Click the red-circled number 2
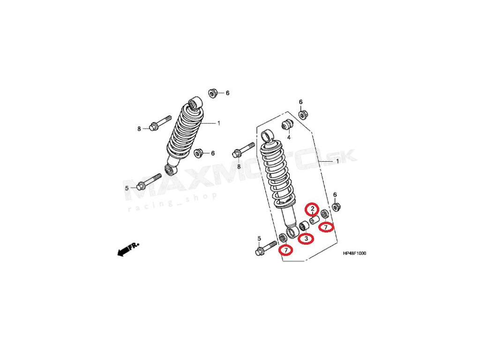click(312, 209)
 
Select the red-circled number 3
click(306, 239)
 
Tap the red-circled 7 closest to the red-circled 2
click(326, 227)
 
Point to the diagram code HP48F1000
click(354, 254)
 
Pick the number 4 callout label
click(289, 137)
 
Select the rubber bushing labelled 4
click(287, 124)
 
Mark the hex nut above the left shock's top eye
click(212, 93)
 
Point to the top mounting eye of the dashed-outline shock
click(267, 136)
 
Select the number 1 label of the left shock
click(218, 123)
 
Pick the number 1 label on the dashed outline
click(337, 162)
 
